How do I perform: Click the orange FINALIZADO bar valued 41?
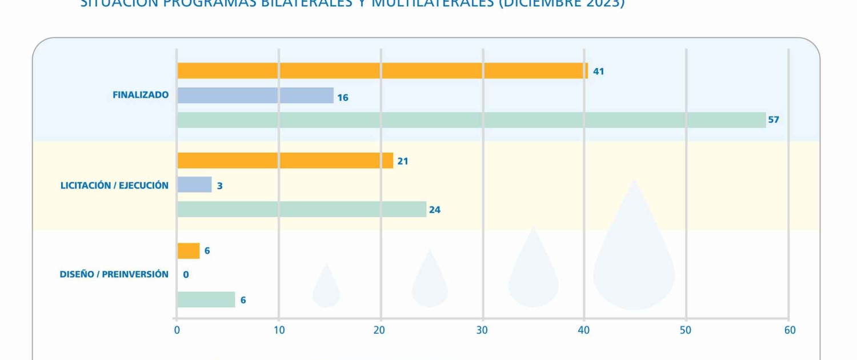tap(382, 71)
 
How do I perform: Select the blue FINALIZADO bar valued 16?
tap(255, 95)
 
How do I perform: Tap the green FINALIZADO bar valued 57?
tap(471, 120)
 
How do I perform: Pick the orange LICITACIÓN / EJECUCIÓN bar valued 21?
tap(285, 161)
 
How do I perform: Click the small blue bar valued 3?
tap(194, 185)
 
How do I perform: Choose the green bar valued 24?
tap(302, 209)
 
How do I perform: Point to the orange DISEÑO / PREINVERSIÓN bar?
tap(189, 251)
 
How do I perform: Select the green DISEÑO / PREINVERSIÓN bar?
tap(206, 299)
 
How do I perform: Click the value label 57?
tap(774, 120)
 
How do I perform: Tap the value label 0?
tap(186, 275)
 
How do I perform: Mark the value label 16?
tap(343, 98)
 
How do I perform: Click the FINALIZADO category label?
tap(141, 95)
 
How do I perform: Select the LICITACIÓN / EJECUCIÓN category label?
tap(114, 185)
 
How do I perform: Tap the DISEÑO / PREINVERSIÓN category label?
tap(114, 274)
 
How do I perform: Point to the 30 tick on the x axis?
tap(482, 330)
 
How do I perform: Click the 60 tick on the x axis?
tap(790, 330)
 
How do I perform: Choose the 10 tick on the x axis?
tap(279, 330)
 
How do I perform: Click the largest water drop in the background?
tap(634, 257)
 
